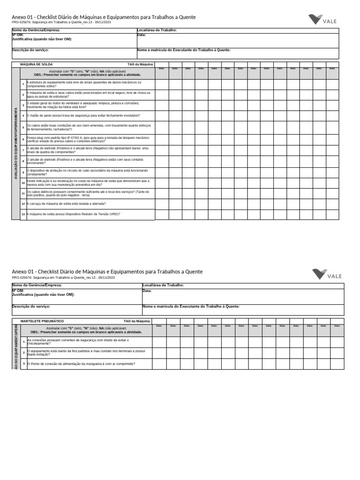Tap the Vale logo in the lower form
point(328,274)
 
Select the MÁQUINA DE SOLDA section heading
point(36,64)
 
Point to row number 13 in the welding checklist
point(23,214)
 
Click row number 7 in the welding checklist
point(23,150)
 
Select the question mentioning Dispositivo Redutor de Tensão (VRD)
point(74,214)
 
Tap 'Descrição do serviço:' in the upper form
point(30,50)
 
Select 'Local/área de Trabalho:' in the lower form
point(163,285)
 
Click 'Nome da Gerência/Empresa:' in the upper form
point(36,30)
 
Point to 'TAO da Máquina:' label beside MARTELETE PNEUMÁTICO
point(137,321)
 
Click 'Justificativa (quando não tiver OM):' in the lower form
point(43,295)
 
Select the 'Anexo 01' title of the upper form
point(104,17)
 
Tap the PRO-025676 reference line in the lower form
point(63,277)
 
